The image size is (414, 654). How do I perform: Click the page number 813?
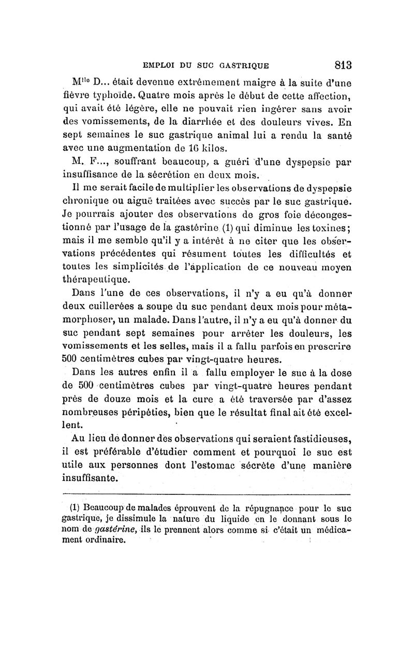342,65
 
